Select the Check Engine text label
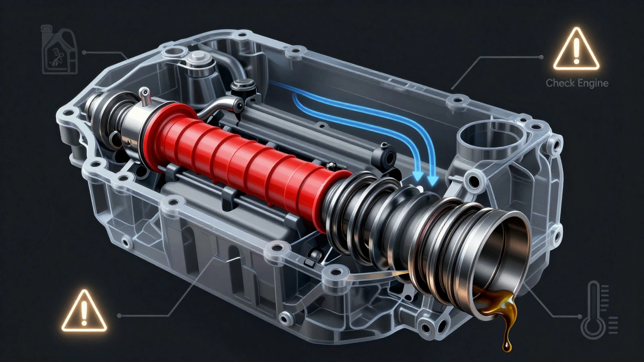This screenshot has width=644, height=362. pos(577,83)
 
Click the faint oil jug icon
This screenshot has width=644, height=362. pos(59,49)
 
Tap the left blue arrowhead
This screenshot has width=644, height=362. pos(418,176)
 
